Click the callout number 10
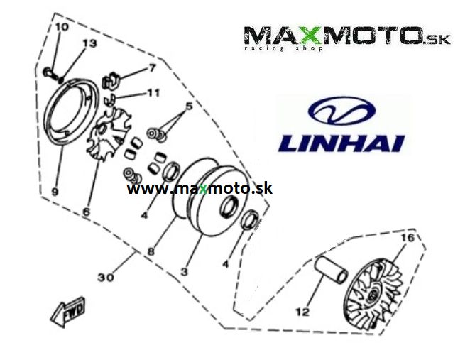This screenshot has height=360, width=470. click(62, 27)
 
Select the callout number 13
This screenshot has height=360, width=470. click(89, 43)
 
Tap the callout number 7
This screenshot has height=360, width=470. click(152, 68)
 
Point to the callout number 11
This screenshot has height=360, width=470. click(153, 93)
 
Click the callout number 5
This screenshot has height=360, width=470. click(189, 106)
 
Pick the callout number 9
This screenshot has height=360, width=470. click(55, 191)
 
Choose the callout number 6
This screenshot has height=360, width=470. click(86, 212)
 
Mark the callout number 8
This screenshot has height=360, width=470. click(151, 251)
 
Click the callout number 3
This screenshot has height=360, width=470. click(184, 271)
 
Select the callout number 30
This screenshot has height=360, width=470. click(106, 277)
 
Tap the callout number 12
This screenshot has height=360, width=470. click(302, 312)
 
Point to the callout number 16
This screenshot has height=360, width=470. click(408, 238)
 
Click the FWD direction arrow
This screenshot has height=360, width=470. click(68, 312)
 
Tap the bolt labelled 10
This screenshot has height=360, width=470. click(50, 74)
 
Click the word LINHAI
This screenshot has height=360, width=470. click(341, 143)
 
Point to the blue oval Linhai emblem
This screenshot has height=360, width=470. click(341, 111)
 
